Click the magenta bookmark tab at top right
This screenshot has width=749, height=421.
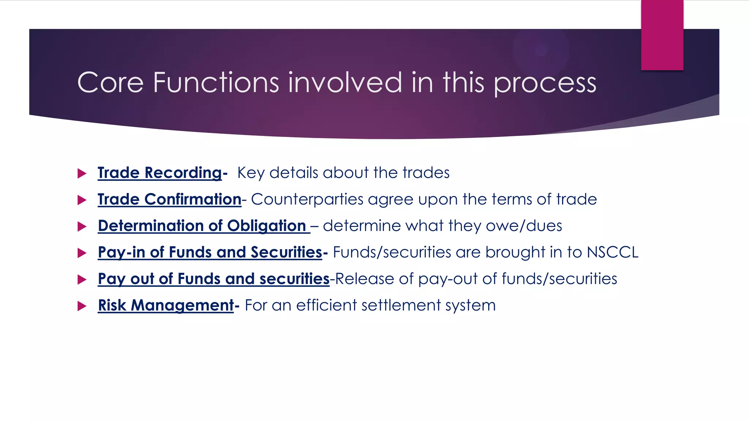662,35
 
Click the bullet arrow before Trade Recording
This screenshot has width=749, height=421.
82,173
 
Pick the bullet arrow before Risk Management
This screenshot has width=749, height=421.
82,306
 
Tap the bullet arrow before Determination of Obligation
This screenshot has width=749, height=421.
82,227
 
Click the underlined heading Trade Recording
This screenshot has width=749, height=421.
160,173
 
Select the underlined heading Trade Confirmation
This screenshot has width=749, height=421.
169,200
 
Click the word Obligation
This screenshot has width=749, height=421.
266,226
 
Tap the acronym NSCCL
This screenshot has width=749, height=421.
612,253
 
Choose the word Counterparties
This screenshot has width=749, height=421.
307,200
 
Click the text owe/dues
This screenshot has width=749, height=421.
524,226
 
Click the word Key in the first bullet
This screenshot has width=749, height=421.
251,173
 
